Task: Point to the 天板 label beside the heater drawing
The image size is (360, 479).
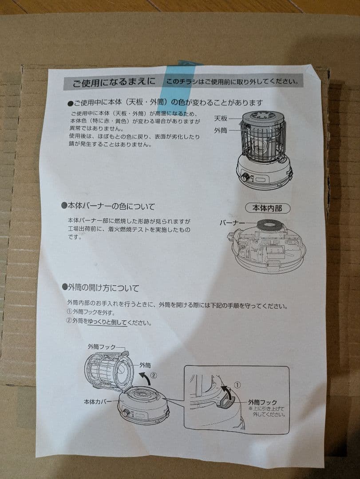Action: tap(221, 118)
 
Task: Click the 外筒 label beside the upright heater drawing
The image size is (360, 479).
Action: tap(221, 131)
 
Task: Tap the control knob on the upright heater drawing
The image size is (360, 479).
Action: tap(245, 177)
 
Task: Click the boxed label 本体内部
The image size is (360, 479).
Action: tap(267, 208)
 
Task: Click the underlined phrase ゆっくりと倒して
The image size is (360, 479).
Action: tap(107, 322)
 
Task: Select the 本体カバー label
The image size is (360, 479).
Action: tap(98, 402)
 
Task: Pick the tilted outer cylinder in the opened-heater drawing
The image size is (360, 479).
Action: tap(107, 371)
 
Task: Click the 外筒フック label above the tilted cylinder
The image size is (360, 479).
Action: tap(102, 346)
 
